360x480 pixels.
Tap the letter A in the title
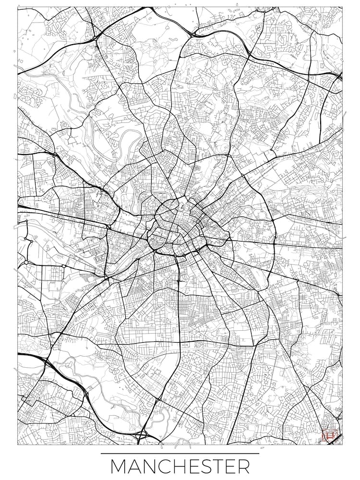(137, 467)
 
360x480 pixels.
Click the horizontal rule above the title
(180, 453)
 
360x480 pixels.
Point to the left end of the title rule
(101, 453)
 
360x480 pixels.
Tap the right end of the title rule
(259, 453)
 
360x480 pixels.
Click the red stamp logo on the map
(329, 436)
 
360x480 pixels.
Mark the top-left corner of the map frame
(18, 8)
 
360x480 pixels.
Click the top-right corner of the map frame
(342, 8)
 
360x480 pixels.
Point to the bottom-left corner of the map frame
(18, 444)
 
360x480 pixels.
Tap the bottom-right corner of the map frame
(342, 444)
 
